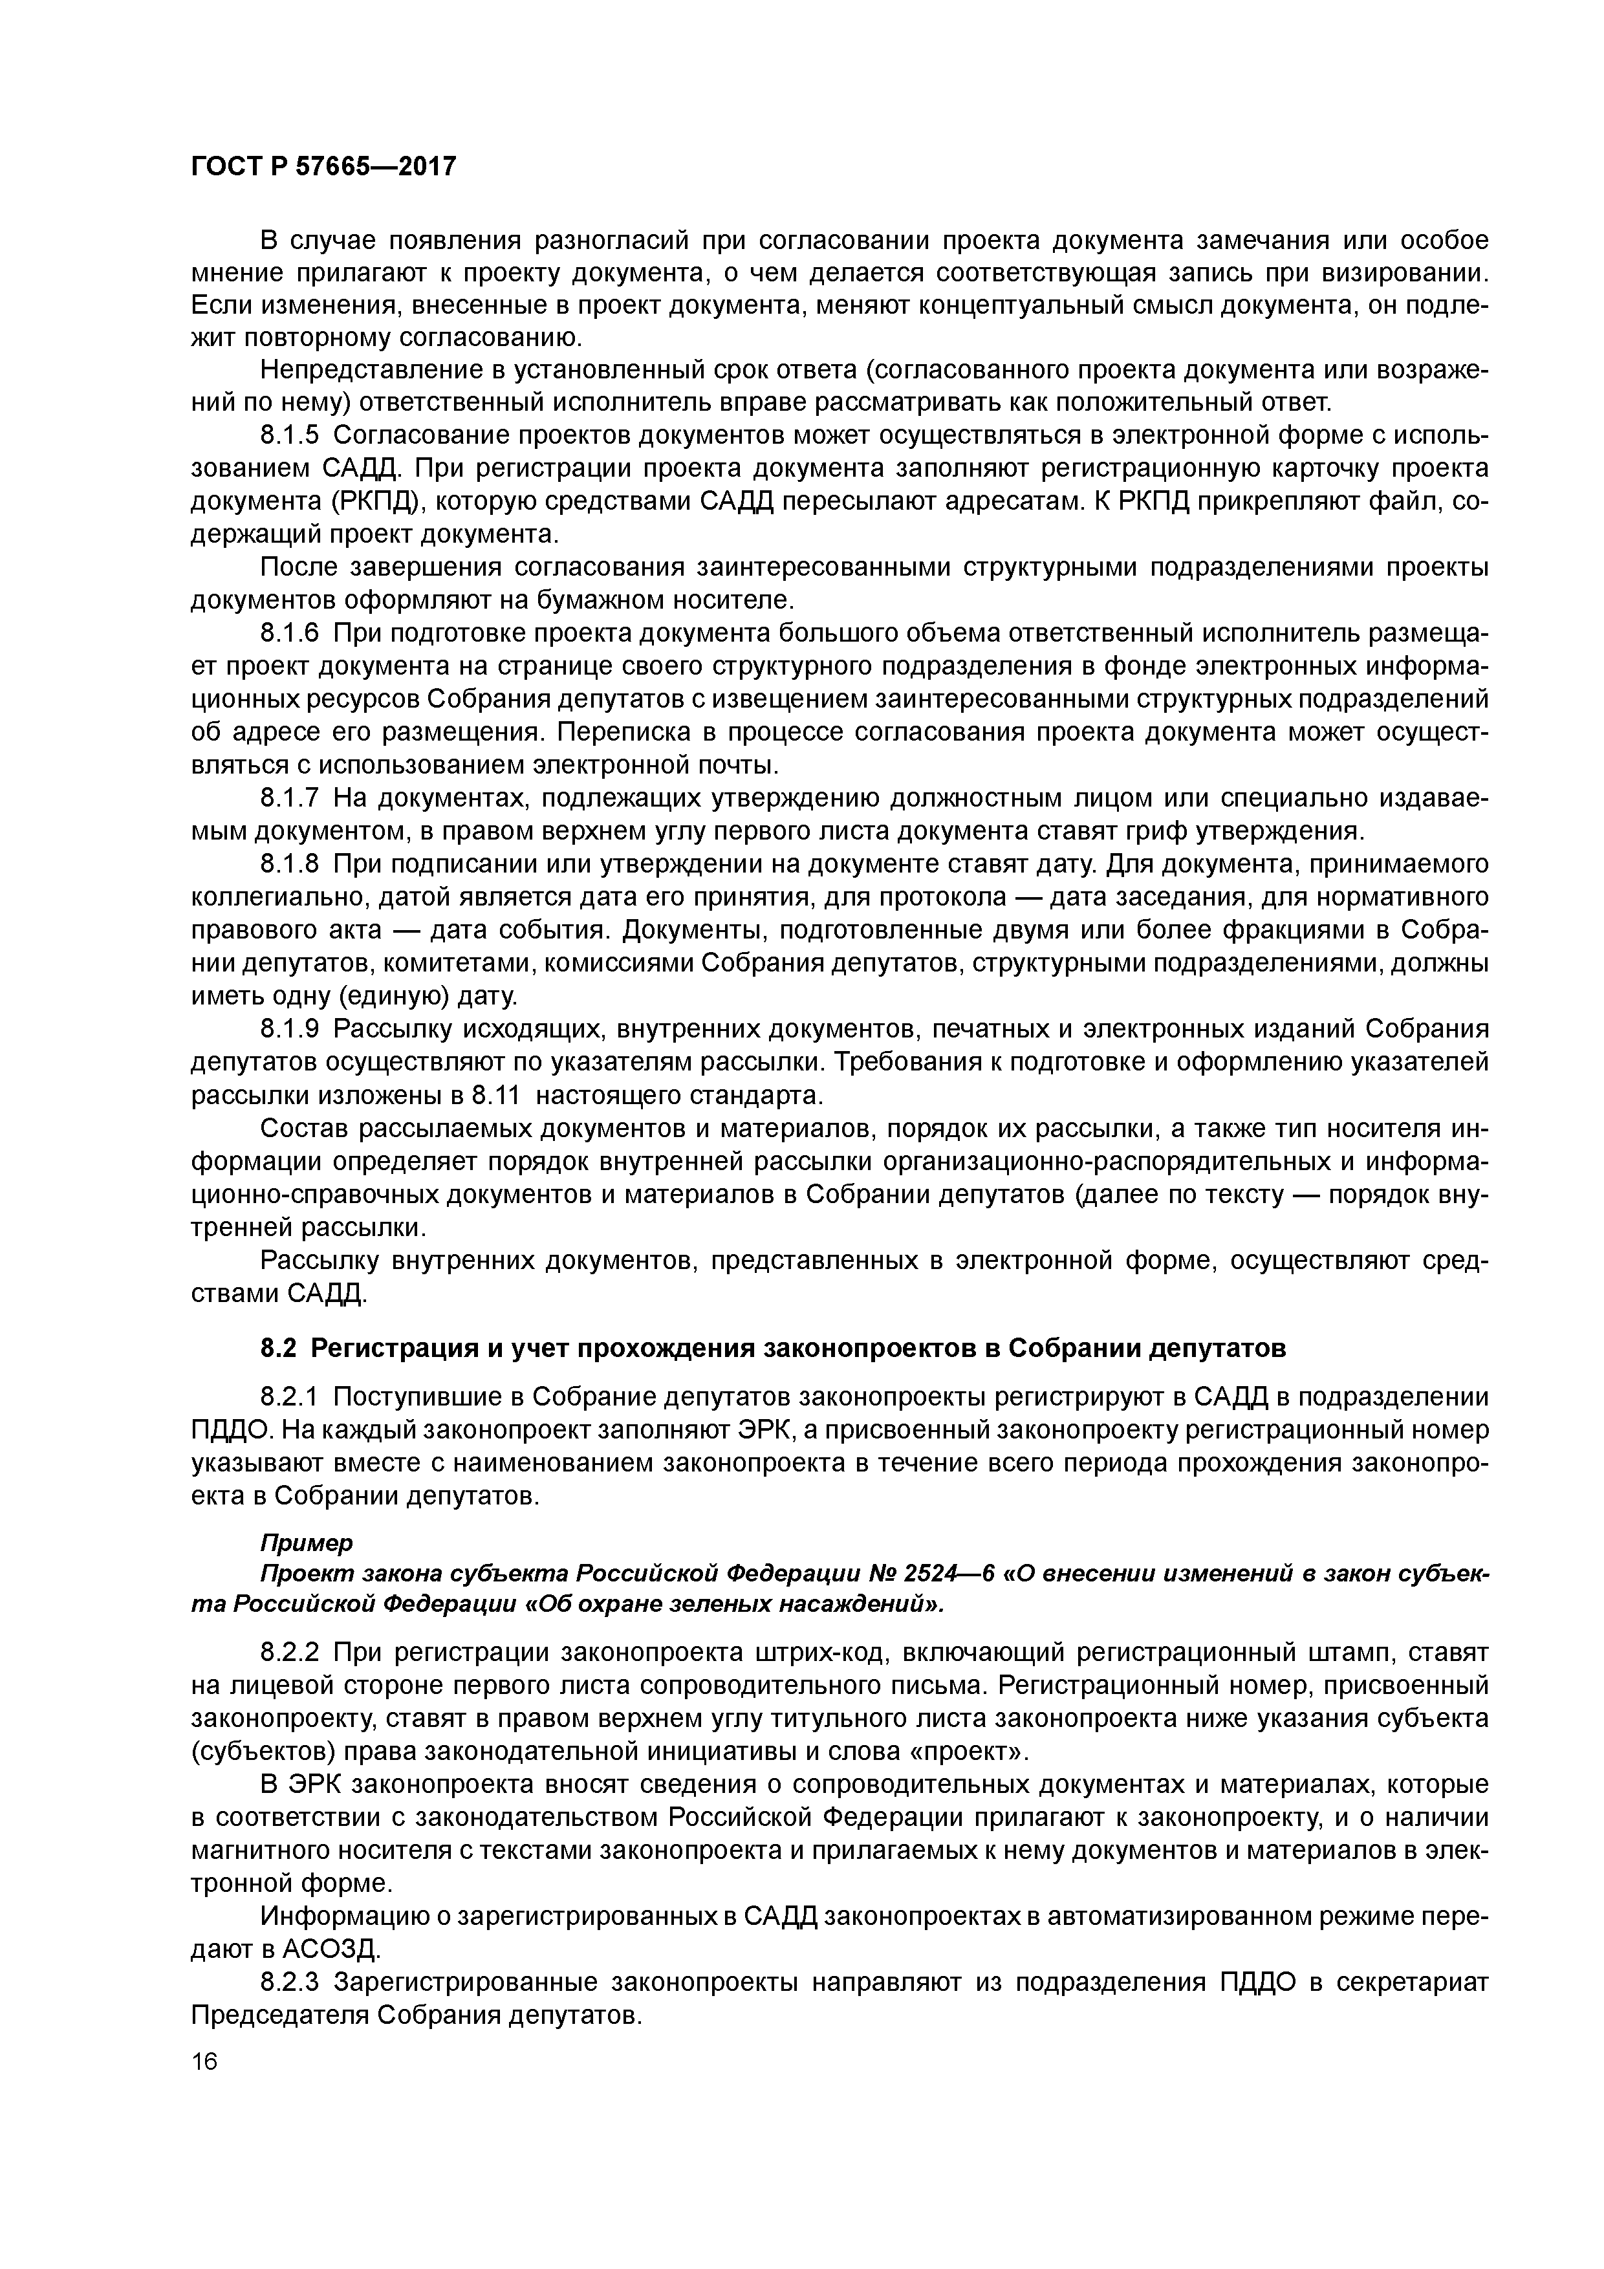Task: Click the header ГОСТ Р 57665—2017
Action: point(323,166)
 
